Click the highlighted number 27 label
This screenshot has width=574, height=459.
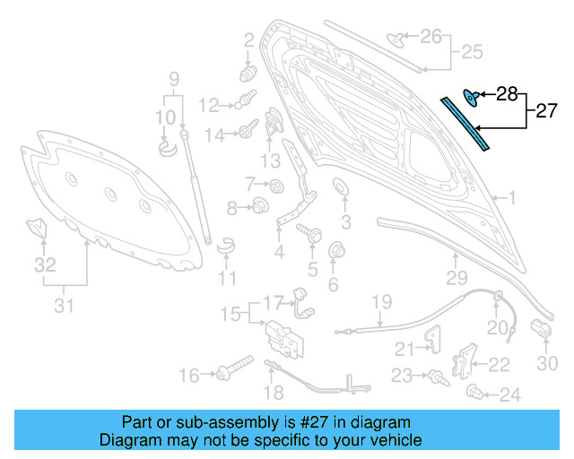click(x=546, y=112)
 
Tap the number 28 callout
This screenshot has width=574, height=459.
click(x=507, y=93)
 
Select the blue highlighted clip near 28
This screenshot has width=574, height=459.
click(x=470, y=94)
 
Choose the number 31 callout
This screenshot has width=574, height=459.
click(x=62, y=307)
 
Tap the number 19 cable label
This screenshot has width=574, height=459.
click(x=382, y=301)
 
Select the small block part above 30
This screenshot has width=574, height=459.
click(x=541, y=329)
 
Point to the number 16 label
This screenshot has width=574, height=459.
click(x=188, y=375)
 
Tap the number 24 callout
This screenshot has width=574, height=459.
click(x=509, y=394)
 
